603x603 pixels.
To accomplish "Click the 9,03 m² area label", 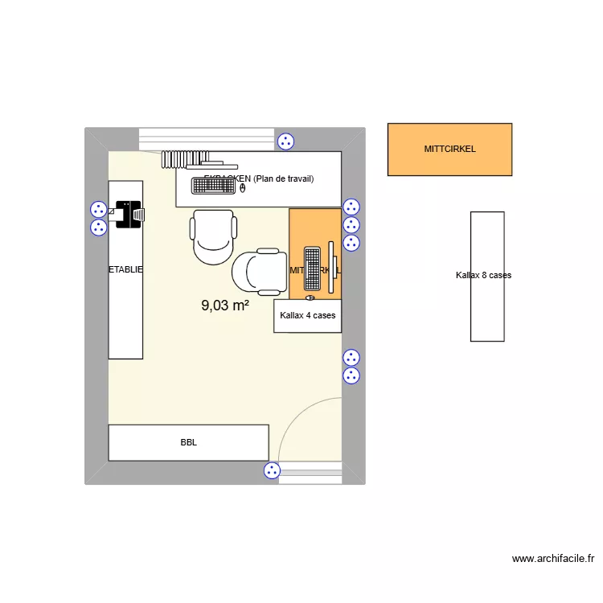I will click(x=225, y=306).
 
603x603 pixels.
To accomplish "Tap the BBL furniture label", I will click(x=189, y=442).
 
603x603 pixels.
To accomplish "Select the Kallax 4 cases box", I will click(x=308, y=316).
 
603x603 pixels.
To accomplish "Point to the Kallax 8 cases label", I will click(x=483, y=275).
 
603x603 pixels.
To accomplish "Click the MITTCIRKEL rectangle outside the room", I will click(x=449, y=149).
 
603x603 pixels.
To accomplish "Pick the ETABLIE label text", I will click(x=126, y=270).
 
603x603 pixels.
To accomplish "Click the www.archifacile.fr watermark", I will click(x=552, y=558).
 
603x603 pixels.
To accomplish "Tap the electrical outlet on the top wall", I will click(x=285, y=142).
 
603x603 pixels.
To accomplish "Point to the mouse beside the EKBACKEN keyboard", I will click(x=243, y=187).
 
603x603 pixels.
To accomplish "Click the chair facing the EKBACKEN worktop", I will click(x=213, y=236).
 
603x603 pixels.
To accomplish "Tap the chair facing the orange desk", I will click(x=256, y=270).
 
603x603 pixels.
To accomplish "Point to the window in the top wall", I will click(x=207, y=138).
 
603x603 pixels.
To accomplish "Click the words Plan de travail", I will click(x=283, y=178).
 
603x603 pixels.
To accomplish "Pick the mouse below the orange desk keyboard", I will click(x=310, y=297).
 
